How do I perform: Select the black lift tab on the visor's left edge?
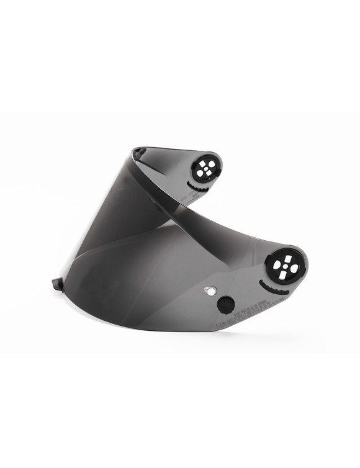58,284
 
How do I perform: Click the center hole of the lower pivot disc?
286,266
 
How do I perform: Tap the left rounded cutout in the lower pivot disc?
277,265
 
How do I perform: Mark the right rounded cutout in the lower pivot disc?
294,268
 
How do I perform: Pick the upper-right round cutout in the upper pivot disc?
212,163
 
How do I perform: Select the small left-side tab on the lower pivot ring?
267,261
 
